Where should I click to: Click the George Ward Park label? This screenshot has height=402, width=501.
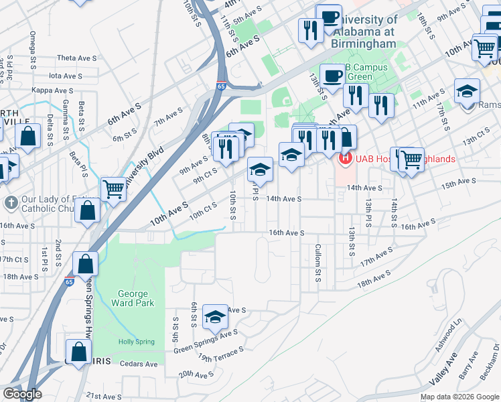click(x=136, y=298)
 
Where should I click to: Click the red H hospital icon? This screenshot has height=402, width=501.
click(x=345, y=159)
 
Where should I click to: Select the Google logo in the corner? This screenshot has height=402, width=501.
click(x=22, y=394)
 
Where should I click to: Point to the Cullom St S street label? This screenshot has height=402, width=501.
click(x=317, y=262)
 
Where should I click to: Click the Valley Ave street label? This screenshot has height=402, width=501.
click(x=443, y=368)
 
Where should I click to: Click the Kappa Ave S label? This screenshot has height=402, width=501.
click(x=52, y=90)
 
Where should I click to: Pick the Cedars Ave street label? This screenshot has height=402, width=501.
click(x=139, y=364)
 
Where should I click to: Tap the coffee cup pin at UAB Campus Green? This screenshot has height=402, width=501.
click(x=333, y=75)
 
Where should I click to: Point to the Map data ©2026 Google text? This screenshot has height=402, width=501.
click(x=459, y=397)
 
